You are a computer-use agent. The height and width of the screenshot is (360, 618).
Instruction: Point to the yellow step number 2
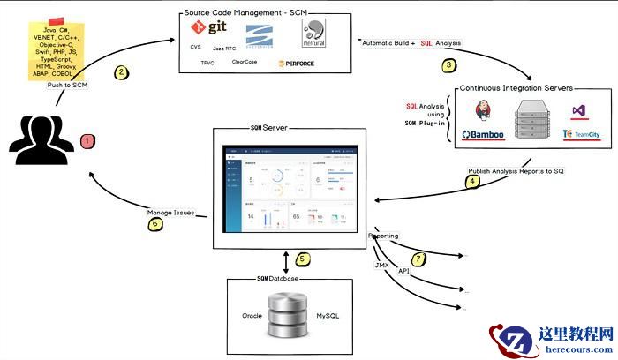[122, 72]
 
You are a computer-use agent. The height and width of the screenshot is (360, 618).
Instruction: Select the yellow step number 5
[302, 259]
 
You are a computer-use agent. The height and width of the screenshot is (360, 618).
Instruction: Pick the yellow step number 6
[155, 223]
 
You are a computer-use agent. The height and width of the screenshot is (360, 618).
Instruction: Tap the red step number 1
[87, 139]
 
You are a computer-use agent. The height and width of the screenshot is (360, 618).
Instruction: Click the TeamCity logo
[580, 135]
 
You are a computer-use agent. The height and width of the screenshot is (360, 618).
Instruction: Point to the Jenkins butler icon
[482, 112]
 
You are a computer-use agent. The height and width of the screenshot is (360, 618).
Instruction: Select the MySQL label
[328, 315]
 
